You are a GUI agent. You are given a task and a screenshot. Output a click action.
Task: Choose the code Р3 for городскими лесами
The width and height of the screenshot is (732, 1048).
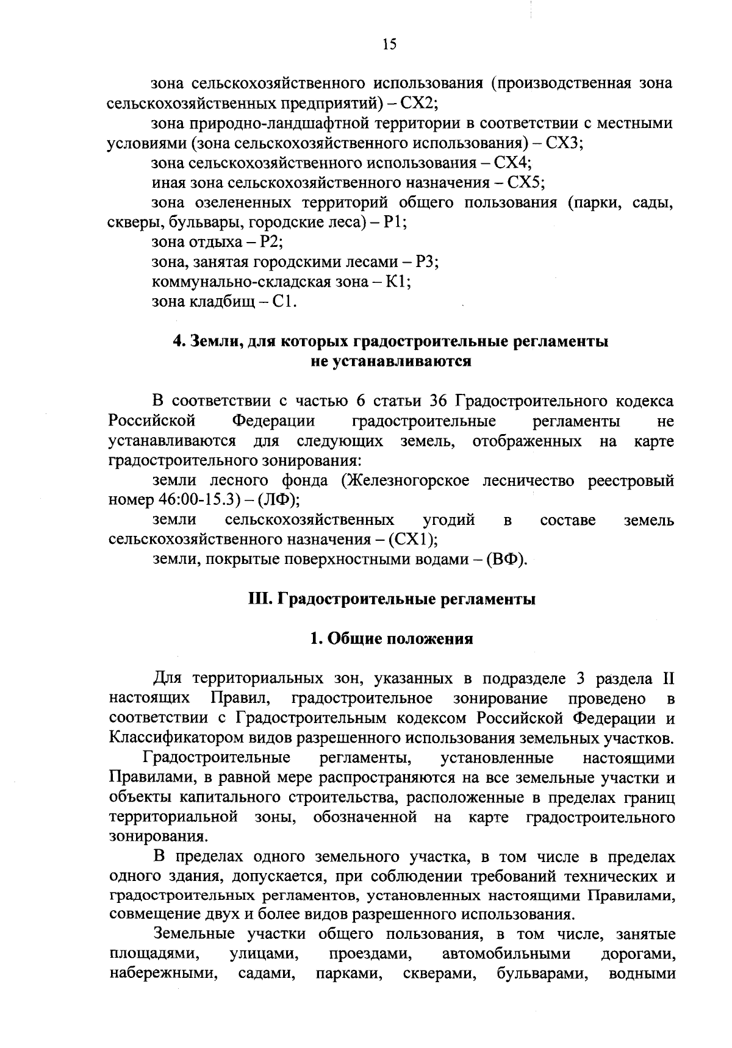tap(426, 262)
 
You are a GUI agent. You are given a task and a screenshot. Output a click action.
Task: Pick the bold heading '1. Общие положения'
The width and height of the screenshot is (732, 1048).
tap(391, 639)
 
